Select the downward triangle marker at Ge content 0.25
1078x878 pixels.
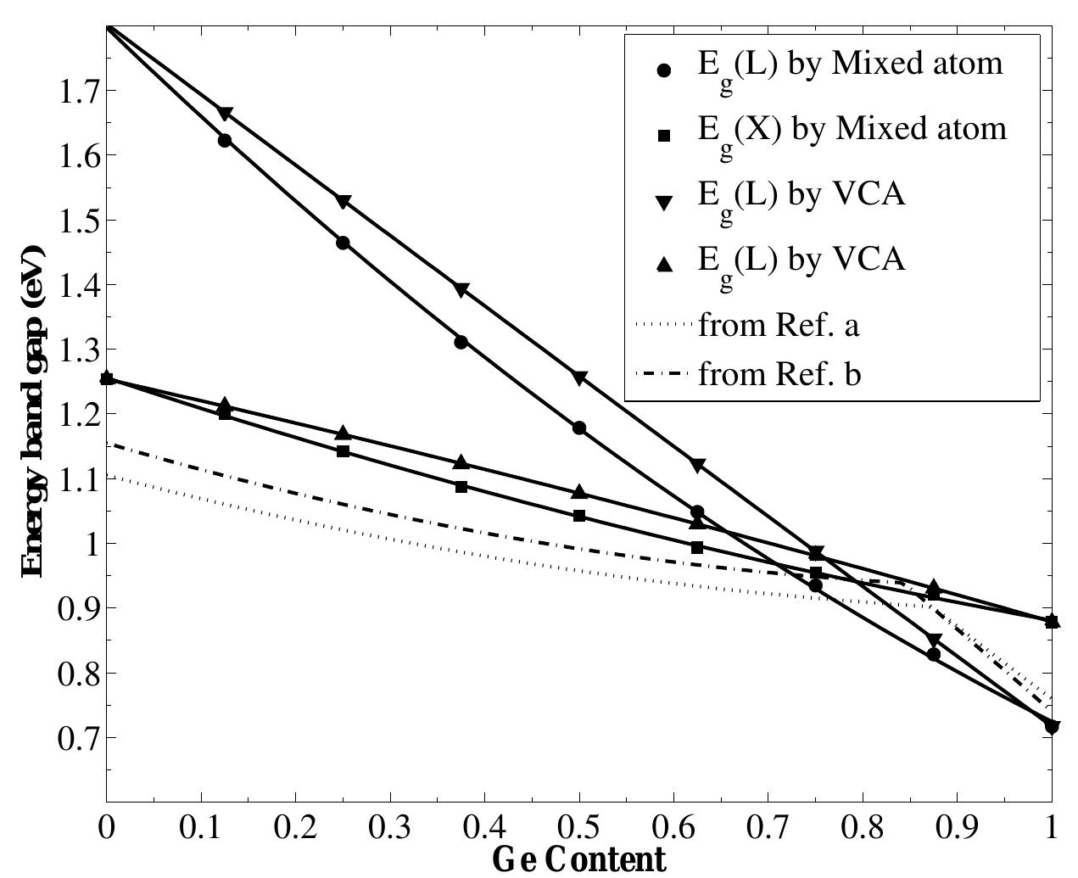(344, 202)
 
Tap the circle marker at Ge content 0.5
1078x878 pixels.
(579, 428)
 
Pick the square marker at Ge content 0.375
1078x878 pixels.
(461, 487)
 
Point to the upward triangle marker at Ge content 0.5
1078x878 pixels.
(579, 492)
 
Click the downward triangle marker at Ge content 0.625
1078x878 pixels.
(698, 466)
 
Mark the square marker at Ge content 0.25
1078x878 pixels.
(344, 451)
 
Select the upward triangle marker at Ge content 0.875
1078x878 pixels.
(934, 587)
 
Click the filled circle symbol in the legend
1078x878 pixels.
(664, 71)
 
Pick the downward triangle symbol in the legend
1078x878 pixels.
(664, 202)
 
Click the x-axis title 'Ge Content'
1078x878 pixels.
(579, 860)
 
